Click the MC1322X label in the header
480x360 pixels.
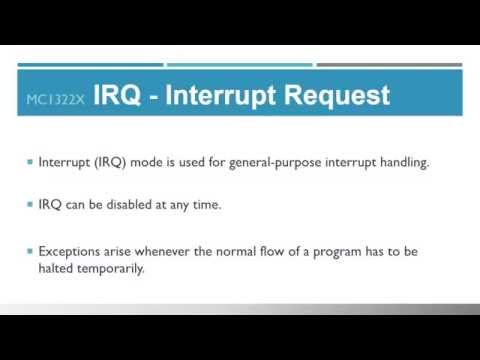pos(55,100)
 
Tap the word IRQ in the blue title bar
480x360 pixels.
pos(117,97)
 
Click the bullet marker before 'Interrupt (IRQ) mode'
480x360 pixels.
pos(29,163)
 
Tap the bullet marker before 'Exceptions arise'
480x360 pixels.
pos(29,251)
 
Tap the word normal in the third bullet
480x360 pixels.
pos(234,251)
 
